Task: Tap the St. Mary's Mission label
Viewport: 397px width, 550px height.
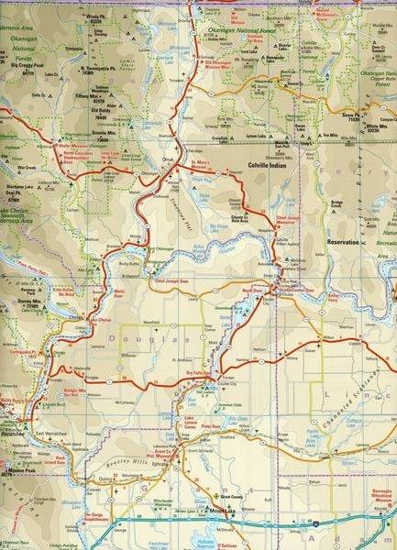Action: click(201, 167)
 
